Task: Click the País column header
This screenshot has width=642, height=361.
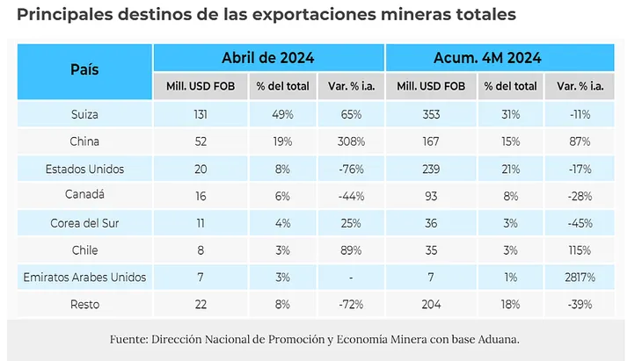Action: [84, 70]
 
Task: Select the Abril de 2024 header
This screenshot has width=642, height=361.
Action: [268, 58]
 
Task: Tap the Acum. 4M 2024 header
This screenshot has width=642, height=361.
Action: [499, 58]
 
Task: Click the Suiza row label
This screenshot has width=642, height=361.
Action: [84, 114]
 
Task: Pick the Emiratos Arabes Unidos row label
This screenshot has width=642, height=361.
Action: [84, 278]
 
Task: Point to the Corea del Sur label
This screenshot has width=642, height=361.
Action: [84, 223]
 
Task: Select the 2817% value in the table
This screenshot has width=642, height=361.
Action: [580, 278]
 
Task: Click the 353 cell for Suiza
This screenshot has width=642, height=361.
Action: [431, 114]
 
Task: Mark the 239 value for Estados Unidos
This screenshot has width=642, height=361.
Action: [431, 169]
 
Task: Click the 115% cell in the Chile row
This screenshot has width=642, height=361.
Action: [580, 250]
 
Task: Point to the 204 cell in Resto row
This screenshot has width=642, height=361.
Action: [431, 305]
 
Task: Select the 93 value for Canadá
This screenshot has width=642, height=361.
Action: [431, 196]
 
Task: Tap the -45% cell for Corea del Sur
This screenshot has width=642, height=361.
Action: [580, 223]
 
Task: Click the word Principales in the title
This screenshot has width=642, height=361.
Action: [61, 15]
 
